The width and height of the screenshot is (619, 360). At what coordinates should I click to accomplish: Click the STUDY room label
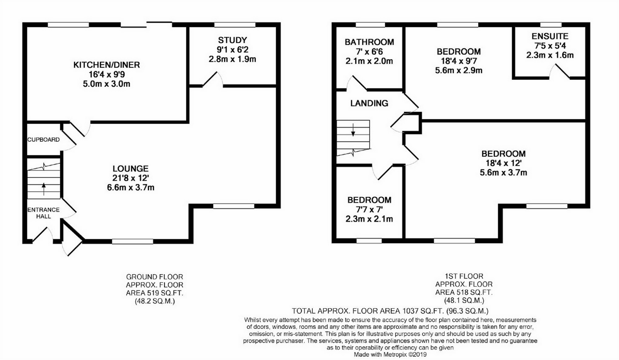point(232,40)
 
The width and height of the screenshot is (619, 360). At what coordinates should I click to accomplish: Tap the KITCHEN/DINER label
point(106,65)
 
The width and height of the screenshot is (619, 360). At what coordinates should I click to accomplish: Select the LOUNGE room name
point(132,168)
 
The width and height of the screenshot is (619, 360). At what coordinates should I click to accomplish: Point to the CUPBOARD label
point(43,139)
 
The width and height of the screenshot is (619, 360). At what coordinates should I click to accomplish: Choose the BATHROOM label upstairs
point(369,42)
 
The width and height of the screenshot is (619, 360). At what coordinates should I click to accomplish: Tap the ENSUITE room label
point(550,36)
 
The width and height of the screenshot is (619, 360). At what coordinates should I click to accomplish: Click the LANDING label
point(369,103)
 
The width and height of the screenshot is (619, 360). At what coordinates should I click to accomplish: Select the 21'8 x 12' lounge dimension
point(132,178)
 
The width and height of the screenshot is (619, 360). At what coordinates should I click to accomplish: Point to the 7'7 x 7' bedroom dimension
point(369,210)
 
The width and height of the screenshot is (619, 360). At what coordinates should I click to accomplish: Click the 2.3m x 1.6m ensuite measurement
point(550,55)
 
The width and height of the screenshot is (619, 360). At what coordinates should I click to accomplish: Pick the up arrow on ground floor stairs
point(44,186)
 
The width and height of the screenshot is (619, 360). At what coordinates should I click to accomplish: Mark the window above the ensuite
point(551,25)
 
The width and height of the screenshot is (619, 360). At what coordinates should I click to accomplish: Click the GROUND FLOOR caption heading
point(155,277)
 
